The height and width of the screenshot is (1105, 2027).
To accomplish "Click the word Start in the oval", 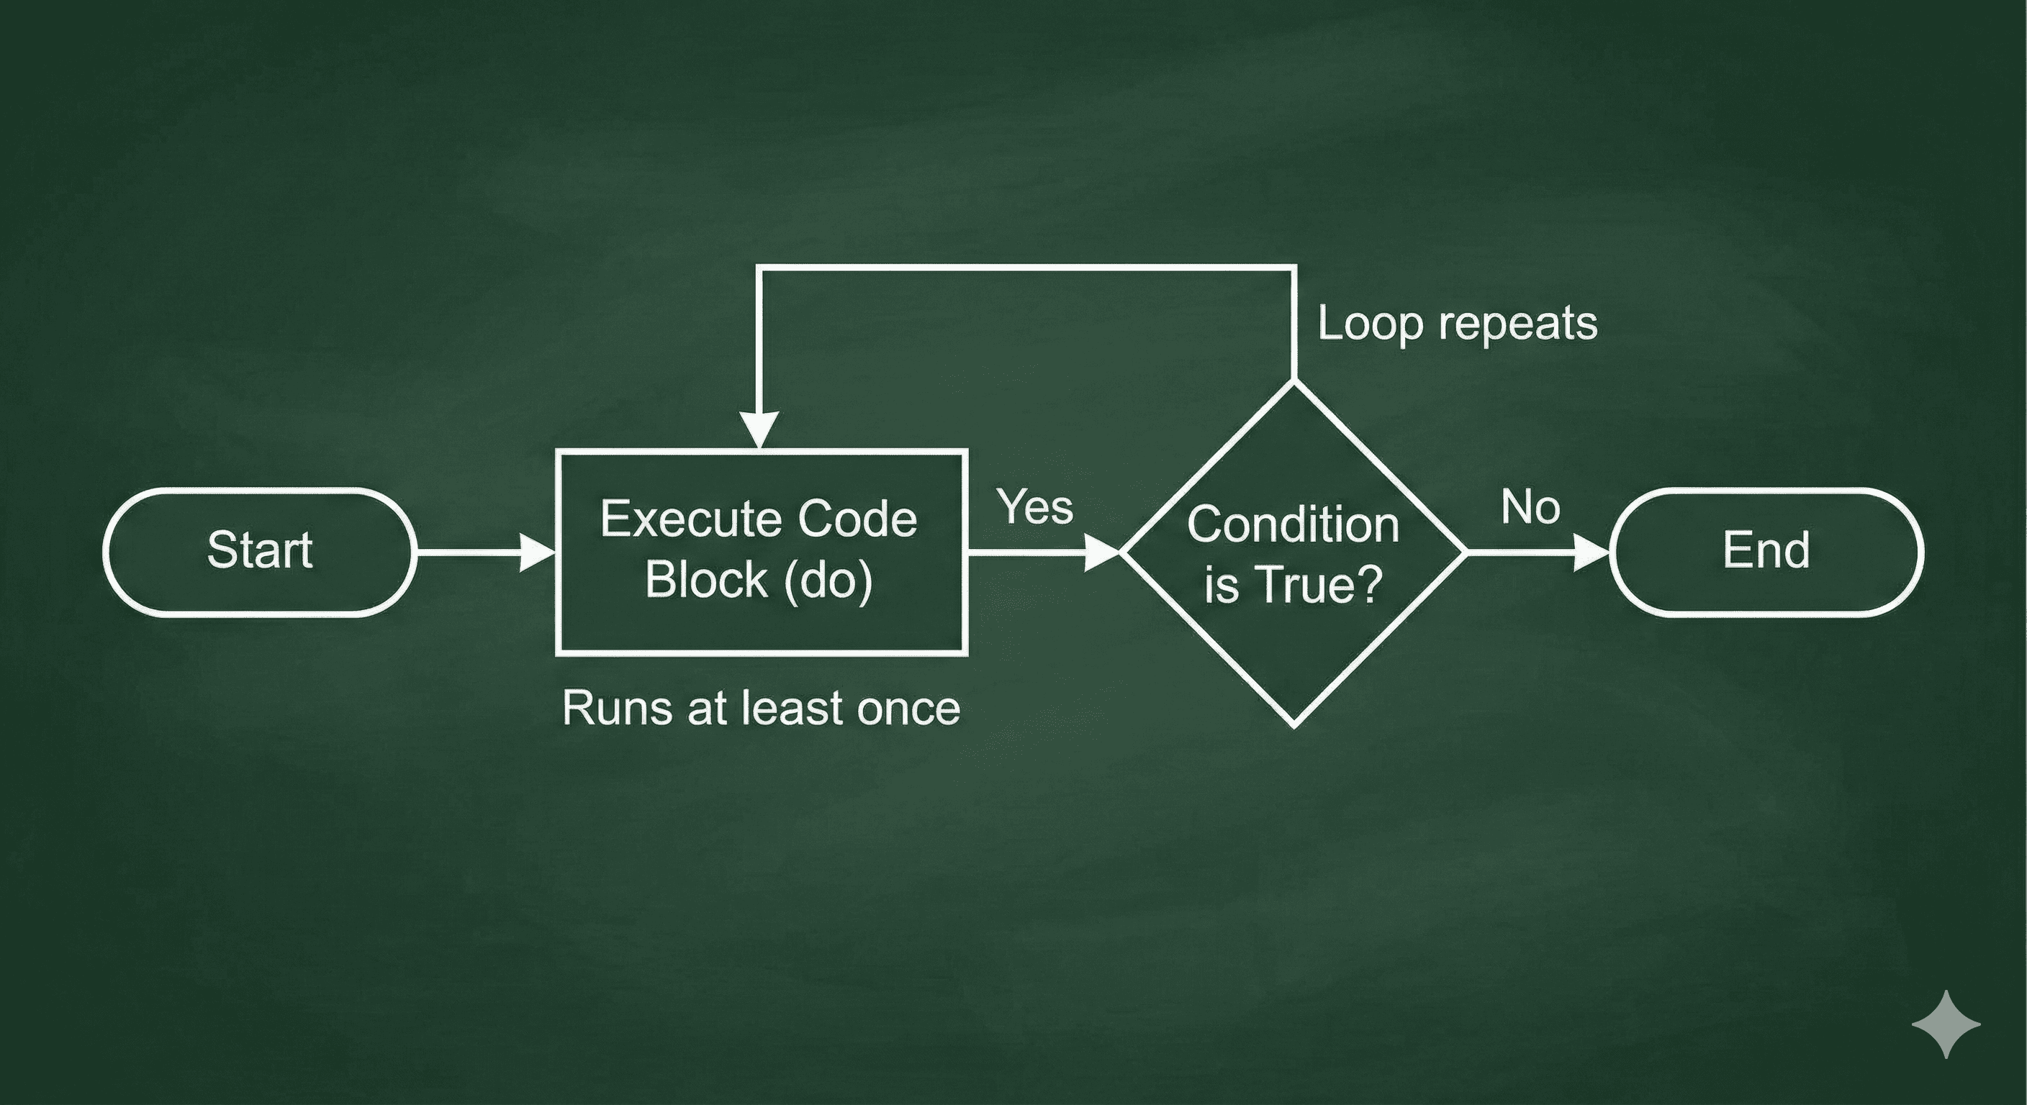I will [259, 550].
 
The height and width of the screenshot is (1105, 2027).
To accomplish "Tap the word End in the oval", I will [1766, 550].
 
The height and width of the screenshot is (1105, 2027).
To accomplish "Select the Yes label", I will [1036, 507].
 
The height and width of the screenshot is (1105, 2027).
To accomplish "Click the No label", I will [1530, 507].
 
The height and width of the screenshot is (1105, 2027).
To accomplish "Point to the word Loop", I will [1370, 324].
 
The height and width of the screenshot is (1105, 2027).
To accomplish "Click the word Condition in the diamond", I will [1293, 524].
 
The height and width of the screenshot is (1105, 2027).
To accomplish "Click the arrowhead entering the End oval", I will [1591, 554].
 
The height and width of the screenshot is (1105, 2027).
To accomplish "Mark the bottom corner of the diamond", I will [1294, 724].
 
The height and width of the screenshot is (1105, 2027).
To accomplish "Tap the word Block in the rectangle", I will [706, 581].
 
